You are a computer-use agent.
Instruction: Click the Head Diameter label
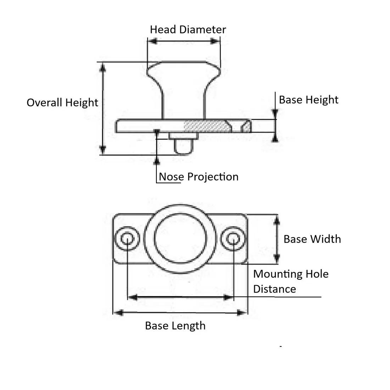click(x=188, y=29)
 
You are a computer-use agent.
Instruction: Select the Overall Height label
click(x=62, y=102)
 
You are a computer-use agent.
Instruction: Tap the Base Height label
click(x=308, y=100)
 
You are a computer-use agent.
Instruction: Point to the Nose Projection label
click(x=199, y=177)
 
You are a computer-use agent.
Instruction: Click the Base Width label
click(x=312, y=239)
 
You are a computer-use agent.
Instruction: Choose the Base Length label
click(x=175, y=325)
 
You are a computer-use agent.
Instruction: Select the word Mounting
click(x=275, y=274)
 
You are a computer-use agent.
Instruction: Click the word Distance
click(x=274, y=289)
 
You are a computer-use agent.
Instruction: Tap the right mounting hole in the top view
click(x=233, y=238)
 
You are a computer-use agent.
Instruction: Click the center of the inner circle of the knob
click(x=180, y=238)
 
